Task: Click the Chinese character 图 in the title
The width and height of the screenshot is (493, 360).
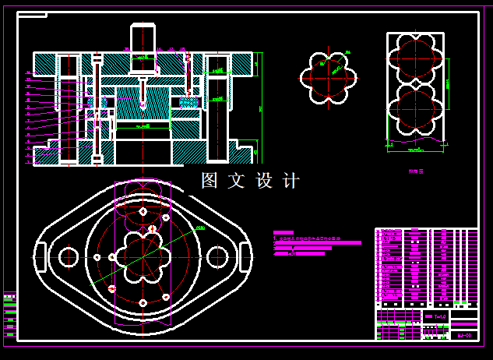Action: tap(210, 181)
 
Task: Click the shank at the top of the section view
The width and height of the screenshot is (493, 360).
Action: tap(143, 38)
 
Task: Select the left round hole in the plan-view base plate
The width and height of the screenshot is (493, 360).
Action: tap(68, 256)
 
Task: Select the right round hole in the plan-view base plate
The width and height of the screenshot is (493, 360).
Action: tap(217, 256)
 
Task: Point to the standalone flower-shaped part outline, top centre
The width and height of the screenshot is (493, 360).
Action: tap(328, 77)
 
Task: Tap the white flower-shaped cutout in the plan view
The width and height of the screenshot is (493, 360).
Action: tap(143, 256)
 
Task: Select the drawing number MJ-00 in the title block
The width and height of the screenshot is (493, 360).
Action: tap(463, 335)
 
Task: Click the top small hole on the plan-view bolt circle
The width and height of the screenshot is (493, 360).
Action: tap(143, 211)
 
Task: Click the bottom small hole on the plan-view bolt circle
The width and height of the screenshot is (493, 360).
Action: tap(143, 302)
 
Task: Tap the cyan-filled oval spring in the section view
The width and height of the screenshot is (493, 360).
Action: tap(189, 101)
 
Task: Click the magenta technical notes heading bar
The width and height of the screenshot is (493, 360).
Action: tap(283, 233)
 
